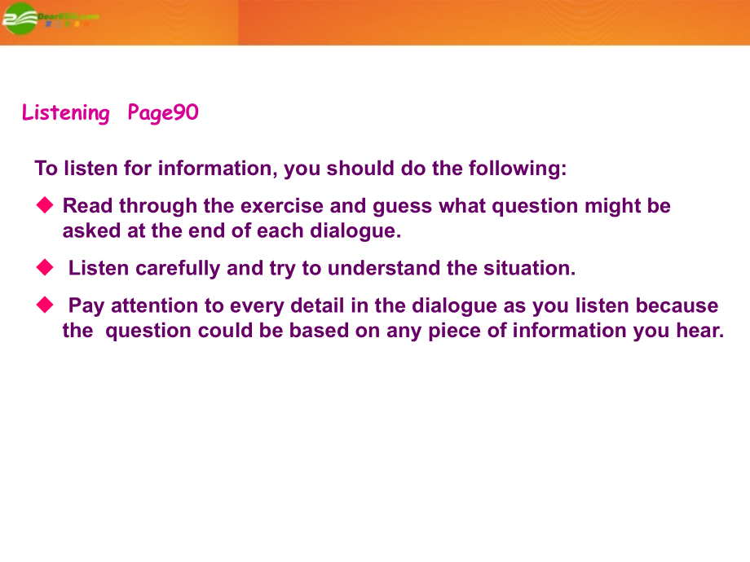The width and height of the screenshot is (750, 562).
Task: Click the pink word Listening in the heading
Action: pos(65,113)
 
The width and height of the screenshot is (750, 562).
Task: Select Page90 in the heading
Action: pos(162,113)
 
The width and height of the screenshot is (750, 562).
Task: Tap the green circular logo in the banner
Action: pos(20,19)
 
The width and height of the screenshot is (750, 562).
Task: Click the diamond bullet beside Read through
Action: pos(45,205)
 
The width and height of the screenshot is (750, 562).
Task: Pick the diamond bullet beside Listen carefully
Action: pos(45,267)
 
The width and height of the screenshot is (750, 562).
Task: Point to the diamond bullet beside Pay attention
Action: pos(45,305)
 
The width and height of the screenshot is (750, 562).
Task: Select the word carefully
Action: pos(178,269)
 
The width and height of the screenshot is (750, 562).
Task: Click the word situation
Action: pos(530,268)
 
